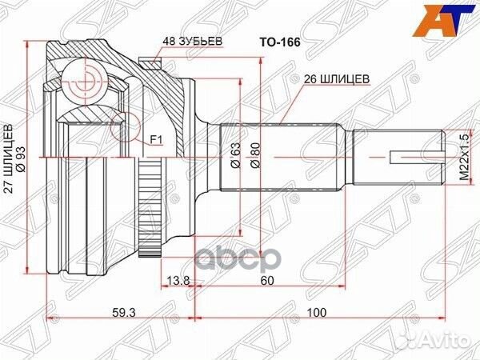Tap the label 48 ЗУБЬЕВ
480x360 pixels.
pos(191,40)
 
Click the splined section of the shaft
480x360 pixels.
pos(280,157)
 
